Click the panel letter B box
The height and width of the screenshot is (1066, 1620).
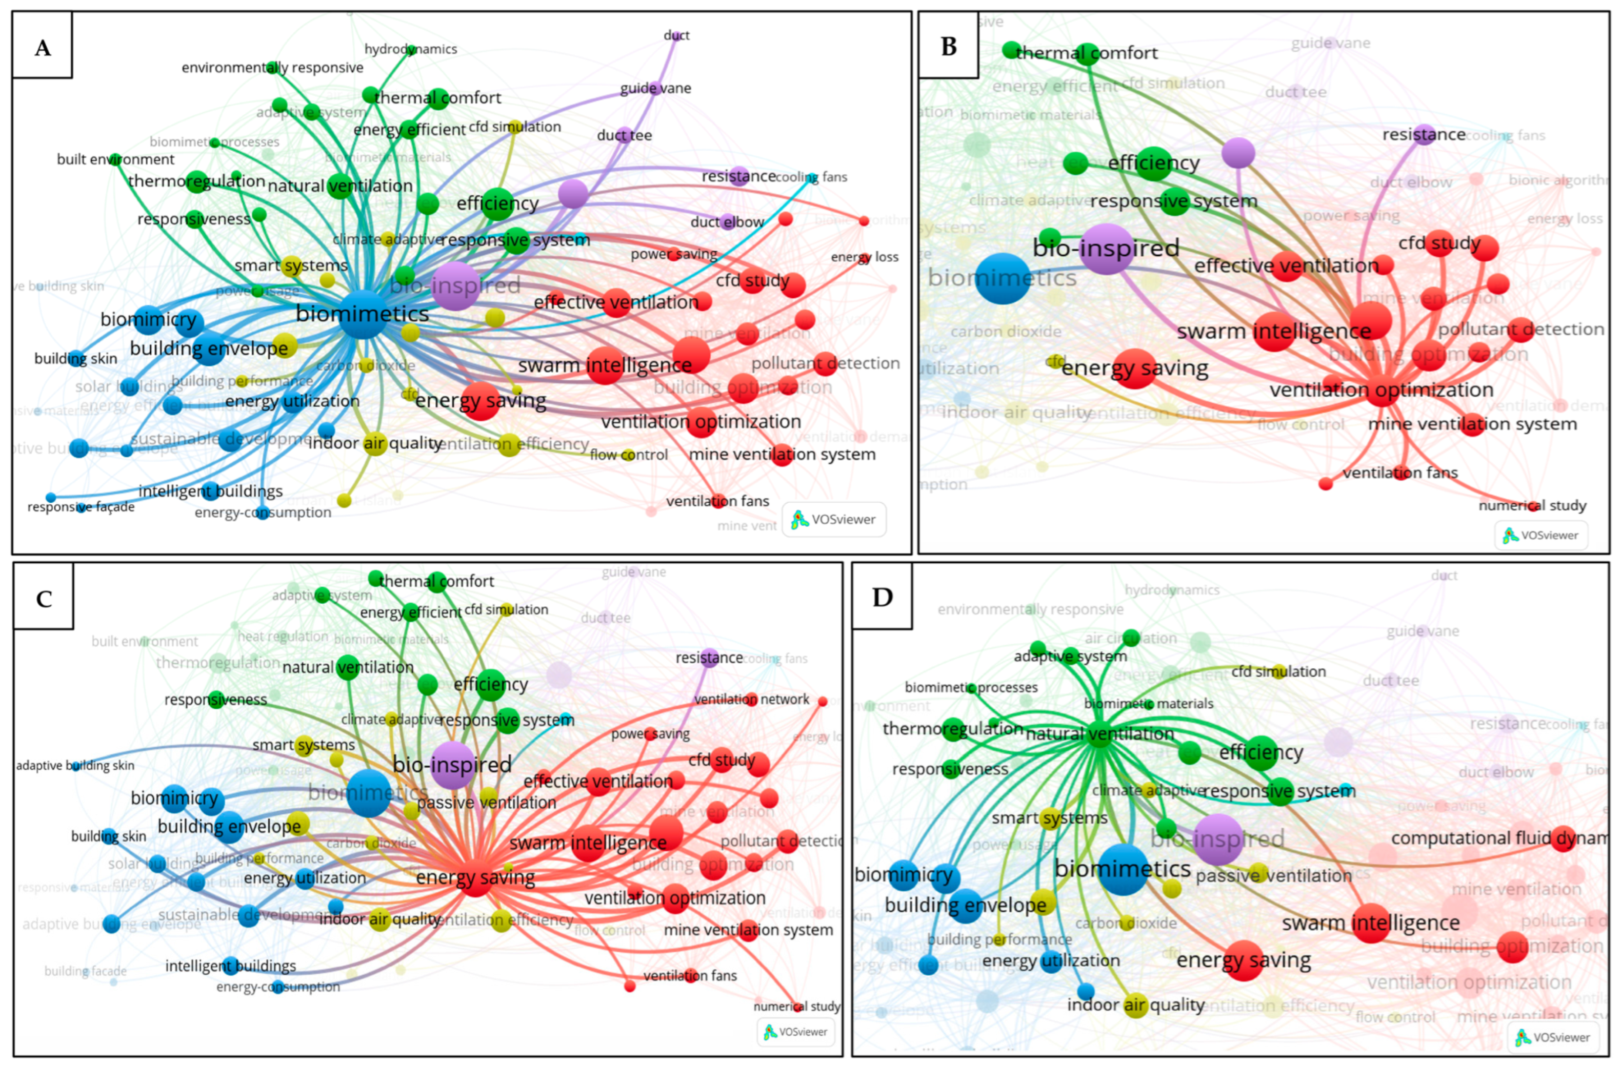tap(948, 46)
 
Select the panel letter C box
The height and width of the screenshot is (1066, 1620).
tap(44, 599)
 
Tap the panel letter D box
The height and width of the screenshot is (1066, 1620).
tap(882, 597)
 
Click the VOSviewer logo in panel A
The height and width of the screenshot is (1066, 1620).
tap(834, 520)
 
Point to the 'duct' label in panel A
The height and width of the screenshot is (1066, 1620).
tap(676, 35)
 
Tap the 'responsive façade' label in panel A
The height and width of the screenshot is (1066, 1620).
tap(81, 507)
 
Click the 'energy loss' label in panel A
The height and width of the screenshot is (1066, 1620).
tap(865, 257)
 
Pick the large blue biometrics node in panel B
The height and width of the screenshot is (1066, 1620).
tap(1003, 278)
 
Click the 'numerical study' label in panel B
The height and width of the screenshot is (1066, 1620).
tap(1532, 505)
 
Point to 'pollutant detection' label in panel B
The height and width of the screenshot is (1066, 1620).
tap(1521, 329)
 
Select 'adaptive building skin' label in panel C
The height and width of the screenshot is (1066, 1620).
tap(75, 765)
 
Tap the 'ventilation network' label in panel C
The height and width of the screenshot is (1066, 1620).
tap(751, 700)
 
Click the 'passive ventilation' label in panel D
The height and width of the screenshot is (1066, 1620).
tap(1273, 875)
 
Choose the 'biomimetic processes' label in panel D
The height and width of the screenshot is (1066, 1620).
tap(971, 687)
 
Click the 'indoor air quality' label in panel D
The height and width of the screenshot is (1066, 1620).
tap(1135, 1005)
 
